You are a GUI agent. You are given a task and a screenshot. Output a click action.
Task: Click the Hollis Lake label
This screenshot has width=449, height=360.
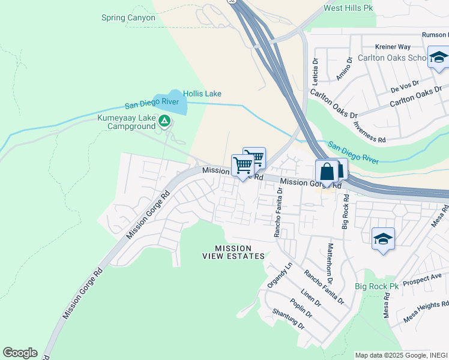coord(202,94)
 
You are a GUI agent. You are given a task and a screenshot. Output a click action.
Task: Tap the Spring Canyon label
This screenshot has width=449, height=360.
coord(128,18)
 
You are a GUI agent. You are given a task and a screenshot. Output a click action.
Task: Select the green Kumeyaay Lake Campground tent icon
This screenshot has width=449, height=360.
coord(164,122)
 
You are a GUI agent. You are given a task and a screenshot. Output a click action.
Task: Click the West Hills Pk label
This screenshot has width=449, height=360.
coord(348,8)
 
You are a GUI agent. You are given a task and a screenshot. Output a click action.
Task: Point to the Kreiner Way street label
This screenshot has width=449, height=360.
coord(393,47)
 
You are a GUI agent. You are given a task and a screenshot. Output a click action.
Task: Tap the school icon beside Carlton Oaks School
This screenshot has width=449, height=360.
coord(438,58)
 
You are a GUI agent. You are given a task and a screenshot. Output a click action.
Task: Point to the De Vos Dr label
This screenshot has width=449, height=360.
coord(403,87)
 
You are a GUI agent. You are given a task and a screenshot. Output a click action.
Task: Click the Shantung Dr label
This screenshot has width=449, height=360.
coord(288,319)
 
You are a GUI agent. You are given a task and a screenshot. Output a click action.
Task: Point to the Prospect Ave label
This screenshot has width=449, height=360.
coord(422,280)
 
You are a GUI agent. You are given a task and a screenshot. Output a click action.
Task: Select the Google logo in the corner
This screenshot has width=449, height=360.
coord(20,353)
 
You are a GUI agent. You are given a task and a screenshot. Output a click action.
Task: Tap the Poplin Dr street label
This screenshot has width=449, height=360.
coord(301,308)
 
